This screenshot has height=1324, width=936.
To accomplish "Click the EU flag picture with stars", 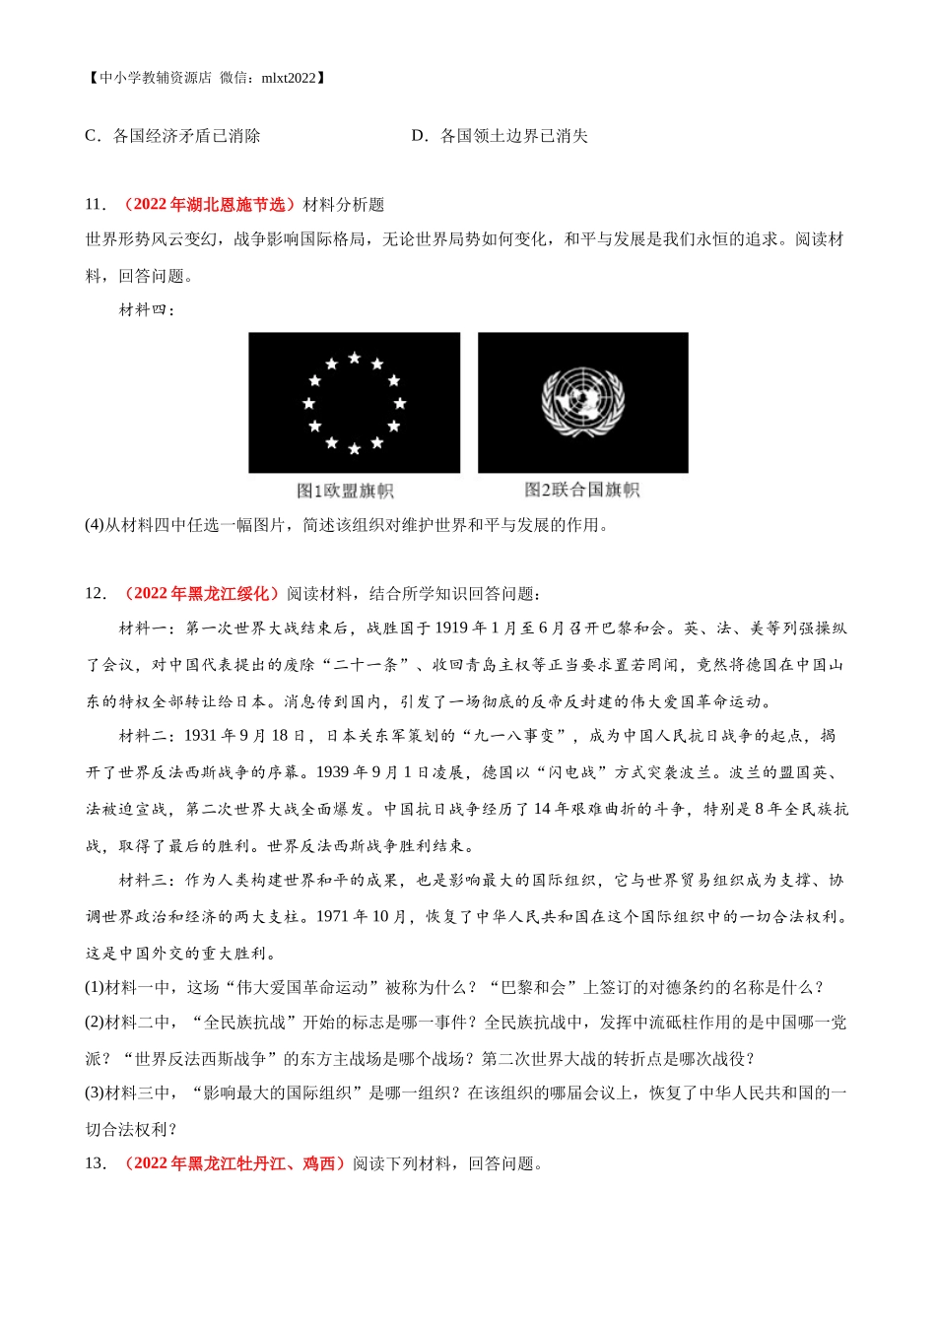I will point(354,403).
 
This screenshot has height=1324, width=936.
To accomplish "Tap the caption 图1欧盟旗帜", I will point(345,491).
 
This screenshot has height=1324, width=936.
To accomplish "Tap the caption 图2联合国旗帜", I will point(581,490).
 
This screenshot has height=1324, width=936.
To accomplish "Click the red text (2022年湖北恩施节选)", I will point(209,205).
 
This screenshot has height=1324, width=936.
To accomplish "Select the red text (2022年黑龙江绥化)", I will point(201,593).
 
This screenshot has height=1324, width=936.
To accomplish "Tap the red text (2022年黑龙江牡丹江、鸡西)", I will point(234,1163).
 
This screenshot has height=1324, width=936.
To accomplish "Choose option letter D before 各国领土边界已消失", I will point(419,136).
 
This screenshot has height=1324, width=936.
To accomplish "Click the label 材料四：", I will point(147,310).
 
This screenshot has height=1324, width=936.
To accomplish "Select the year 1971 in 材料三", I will point(332,916).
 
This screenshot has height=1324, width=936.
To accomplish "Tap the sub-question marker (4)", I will point(95,525).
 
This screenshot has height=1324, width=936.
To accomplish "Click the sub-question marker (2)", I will point(95,1023).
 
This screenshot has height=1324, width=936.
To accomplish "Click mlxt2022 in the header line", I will point(290,78).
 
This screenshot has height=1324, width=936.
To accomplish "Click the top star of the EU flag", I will point(354,358).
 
